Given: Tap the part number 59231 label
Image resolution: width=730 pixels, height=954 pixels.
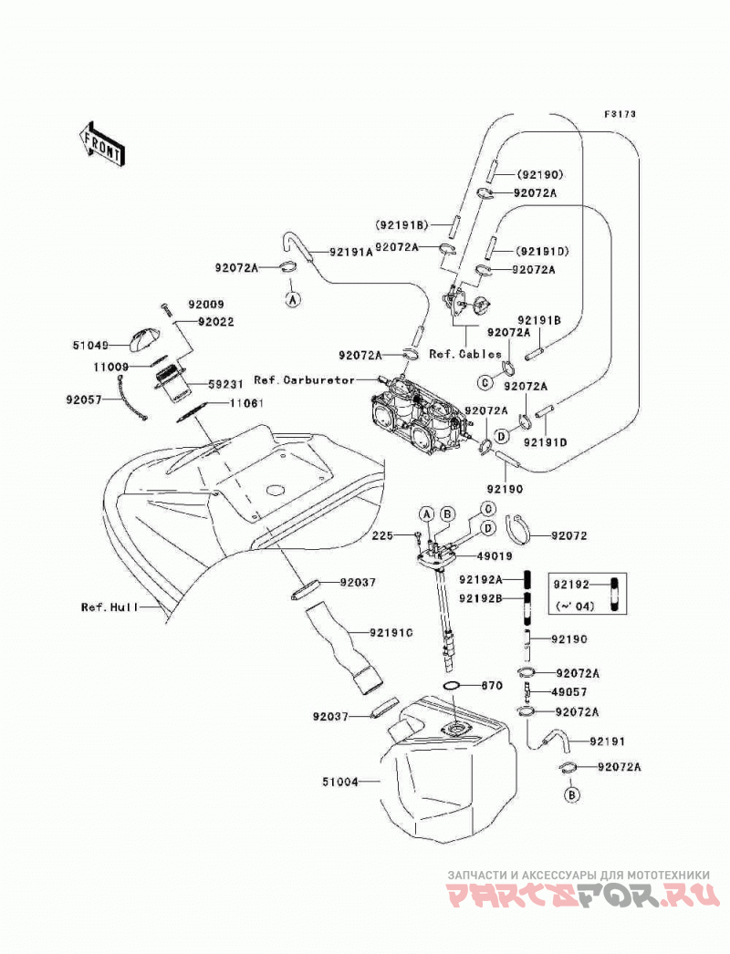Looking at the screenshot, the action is [x=226, y=384].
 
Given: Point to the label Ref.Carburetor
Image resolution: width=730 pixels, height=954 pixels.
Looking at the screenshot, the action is [x=304, y=379].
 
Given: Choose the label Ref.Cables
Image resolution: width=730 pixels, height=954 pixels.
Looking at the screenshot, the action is [x=465, y=354].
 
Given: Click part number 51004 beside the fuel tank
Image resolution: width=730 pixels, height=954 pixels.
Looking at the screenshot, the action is [x=339, y=782].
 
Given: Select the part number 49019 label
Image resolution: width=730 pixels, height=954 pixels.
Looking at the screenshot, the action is [x=495, y=556].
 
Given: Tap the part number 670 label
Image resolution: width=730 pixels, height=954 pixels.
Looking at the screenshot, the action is [x=492, y=686].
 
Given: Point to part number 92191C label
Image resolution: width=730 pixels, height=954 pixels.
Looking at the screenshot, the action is [x=391, y=633].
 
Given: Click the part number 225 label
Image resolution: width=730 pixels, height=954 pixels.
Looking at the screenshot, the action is [x=382, y=535].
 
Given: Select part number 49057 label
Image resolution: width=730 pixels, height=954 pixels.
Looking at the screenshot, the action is [x=568, y=691].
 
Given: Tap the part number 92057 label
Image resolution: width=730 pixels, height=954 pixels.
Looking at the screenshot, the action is [x=83, y=399].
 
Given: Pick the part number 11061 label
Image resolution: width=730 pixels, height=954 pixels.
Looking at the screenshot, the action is [x=246, y=403].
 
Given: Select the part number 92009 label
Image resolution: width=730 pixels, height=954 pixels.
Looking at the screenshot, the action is [x=205, y=305].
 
